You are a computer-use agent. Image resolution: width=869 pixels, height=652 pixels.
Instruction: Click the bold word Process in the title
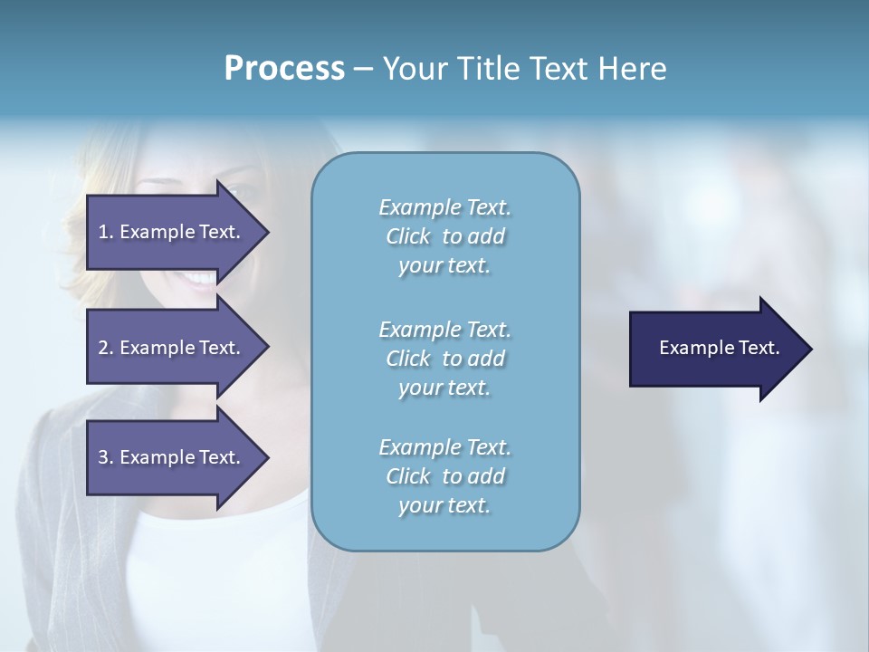[284, 69]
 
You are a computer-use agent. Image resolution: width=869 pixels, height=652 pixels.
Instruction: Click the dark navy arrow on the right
[715, 349]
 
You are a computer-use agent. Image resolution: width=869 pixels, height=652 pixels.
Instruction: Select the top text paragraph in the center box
[444, 236]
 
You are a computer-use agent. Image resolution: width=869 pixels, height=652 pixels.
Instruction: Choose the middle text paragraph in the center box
[444, 359]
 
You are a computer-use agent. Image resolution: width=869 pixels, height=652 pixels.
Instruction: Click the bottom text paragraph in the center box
[444, 476]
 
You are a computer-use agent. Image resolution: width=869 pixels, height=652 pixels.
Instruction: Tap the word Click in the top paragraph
[407, 237]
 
